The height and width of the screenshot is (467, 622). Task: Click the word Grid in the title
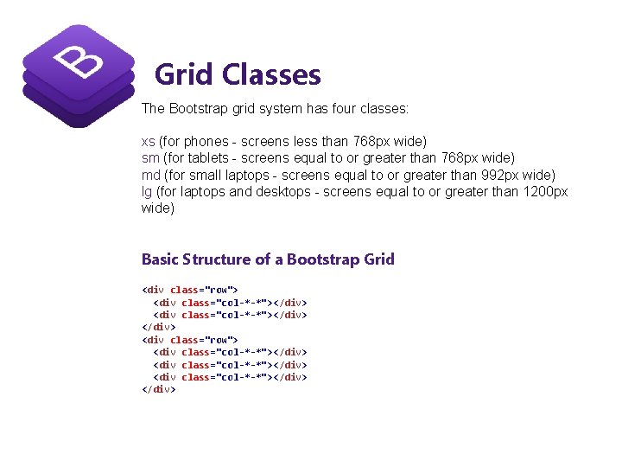click(x=184, y=75)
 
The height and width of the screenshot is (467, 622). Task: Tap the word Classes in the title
click(x=271, y=75)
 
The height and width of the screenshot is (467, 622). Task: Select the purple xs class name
click(x=149, y=140)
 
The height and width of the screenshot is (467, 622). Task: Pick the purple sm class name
click(x=150, y=157)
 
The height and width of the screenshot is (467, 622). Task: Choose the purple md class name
click(x=150, y=175)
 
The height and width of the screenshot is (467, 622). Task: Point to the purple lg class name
click(x=147, y=192)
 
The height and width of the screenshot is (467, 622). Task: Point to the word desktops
click(x=285, y=192)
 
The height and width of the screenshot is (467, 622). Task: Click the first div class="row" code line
click(x=189, y=290)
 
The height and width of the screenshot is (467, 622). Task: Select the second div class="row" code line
click(x=189, y=340)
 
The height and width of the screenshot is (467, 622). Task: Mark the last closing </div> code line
click(x=159, y=390)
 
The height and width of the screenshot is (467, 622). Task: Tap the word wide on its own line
click(x=157, y=208)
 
